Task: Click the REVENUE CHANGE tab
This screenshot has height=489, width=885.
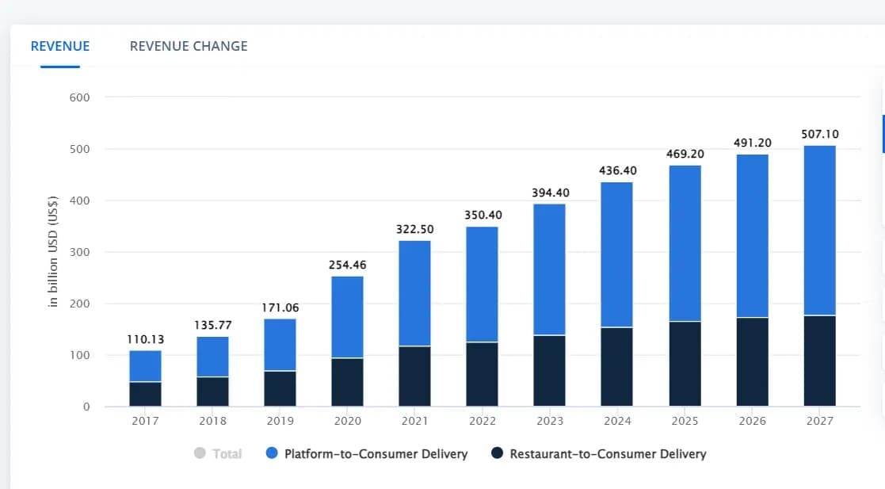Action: pyautogui.click(x=189, y=46)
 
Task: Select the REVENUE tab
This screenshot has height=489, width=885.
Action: pyautogui.click(x=60, y=46)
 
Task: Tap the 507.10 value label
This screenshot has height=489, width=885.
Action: pyautogui.click(x=819, y=135)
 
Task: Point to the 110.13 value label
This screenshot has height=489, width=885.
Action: pyautogui.click(x=145, y=339)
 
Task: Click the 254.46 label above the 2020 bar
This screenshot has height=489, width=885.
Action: pyautogui.click(x=348, y=265)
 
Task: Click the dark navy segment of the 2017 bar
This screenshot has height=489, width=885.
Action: pyautogui.click(x=146, y=394)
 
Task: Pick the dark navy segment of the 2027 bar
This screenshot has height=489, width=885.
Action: pyautogui.click(x=819, y=361)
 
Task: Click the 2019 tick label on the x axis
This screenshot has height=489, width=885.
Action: pyautogui.click(x=280, y=421)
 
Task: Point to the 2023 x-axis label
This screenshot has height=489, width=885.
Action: pyautogui.click(x=550, y=421)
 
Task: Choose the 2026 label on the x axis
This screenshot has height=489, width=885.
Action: pyautogui.click(x=752, y=421)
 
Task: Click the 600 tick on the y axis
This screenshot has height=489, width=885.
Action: pyautogui.click(x=81, y=97)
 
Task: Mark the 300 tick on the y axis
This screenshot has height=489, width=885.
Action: pyautogui.click(x=81, y=252)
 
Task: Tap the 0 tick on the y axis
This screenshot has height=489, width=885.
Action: pyautogui.click(x=86, y=407)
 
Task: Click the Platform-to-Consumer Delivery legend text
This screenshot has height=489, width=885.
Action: pyautogui.click(x=376, y=454)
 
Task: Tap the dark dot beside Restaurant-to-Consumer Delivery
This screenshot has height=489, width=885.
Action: pyautogui.click(x=497, y=453)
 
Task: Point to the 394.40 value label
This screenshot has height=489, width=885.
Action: pyautogui.click(x=550, y=193)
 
